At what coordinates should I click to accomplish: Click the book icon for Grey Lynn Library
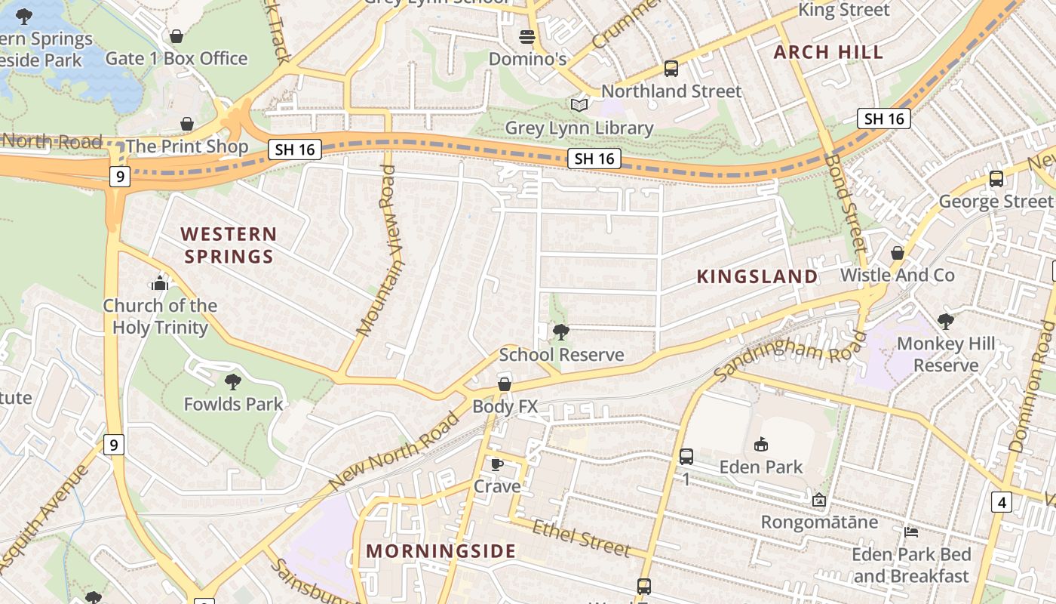(579, 106)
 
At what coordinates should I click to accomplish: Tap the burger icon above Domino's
(527, 36)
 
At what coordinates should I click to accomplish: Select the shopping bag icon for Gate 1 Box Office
(177, 35)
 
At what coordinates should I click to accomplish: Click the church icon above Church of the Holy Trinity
(160, 283)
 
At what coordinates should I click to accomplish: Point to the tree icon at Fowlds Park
(233, 382)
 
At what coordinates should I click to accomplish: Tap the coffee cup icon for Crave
(496, 464)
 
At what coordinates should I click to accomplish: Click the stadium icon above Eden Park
(760, 444)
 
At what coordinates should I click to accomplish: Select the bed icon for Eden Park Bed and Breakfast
(911, 532)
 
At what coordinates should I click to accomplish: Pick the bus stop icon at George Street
(996, 179)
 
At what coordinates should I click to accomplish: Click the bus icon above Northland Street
(671, 69)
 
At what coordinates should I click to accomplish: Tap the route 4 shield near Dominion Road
(1001, 502)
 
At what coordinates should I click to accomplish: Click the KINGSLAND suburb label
(757, 276)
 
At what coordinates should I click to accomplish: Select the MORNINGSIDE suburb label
(441, 551)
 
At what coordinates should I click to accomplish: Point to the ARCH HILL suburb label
(828, 52)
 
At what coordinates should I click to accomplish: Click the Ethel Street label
(580, 538)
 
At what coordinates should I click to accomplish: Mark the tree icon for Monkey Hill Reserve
(945, 322)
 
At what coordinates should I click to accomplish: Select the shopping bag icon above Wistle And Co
(898, 252)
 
